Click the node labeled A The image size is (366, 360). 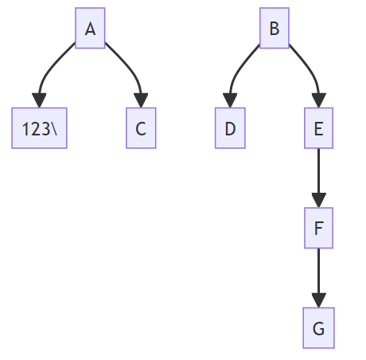(90, 29)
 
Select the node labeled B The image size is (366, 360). (274, 29)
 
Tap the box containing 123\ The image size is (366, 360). (39, 128)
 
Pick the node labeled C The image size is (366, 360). (141, 128)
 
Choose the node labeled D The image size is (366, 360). (230, 128)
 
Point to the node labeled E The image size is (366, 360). (318, 128)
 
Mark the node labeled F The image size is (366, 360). (318, 229)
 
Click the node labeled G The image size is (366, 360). (318, 328)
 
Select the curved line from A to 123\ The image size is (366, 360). (47, 68)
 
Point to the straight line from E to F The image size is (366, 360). (318, 171)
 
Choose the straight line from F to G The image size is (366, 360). (318, 271)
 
